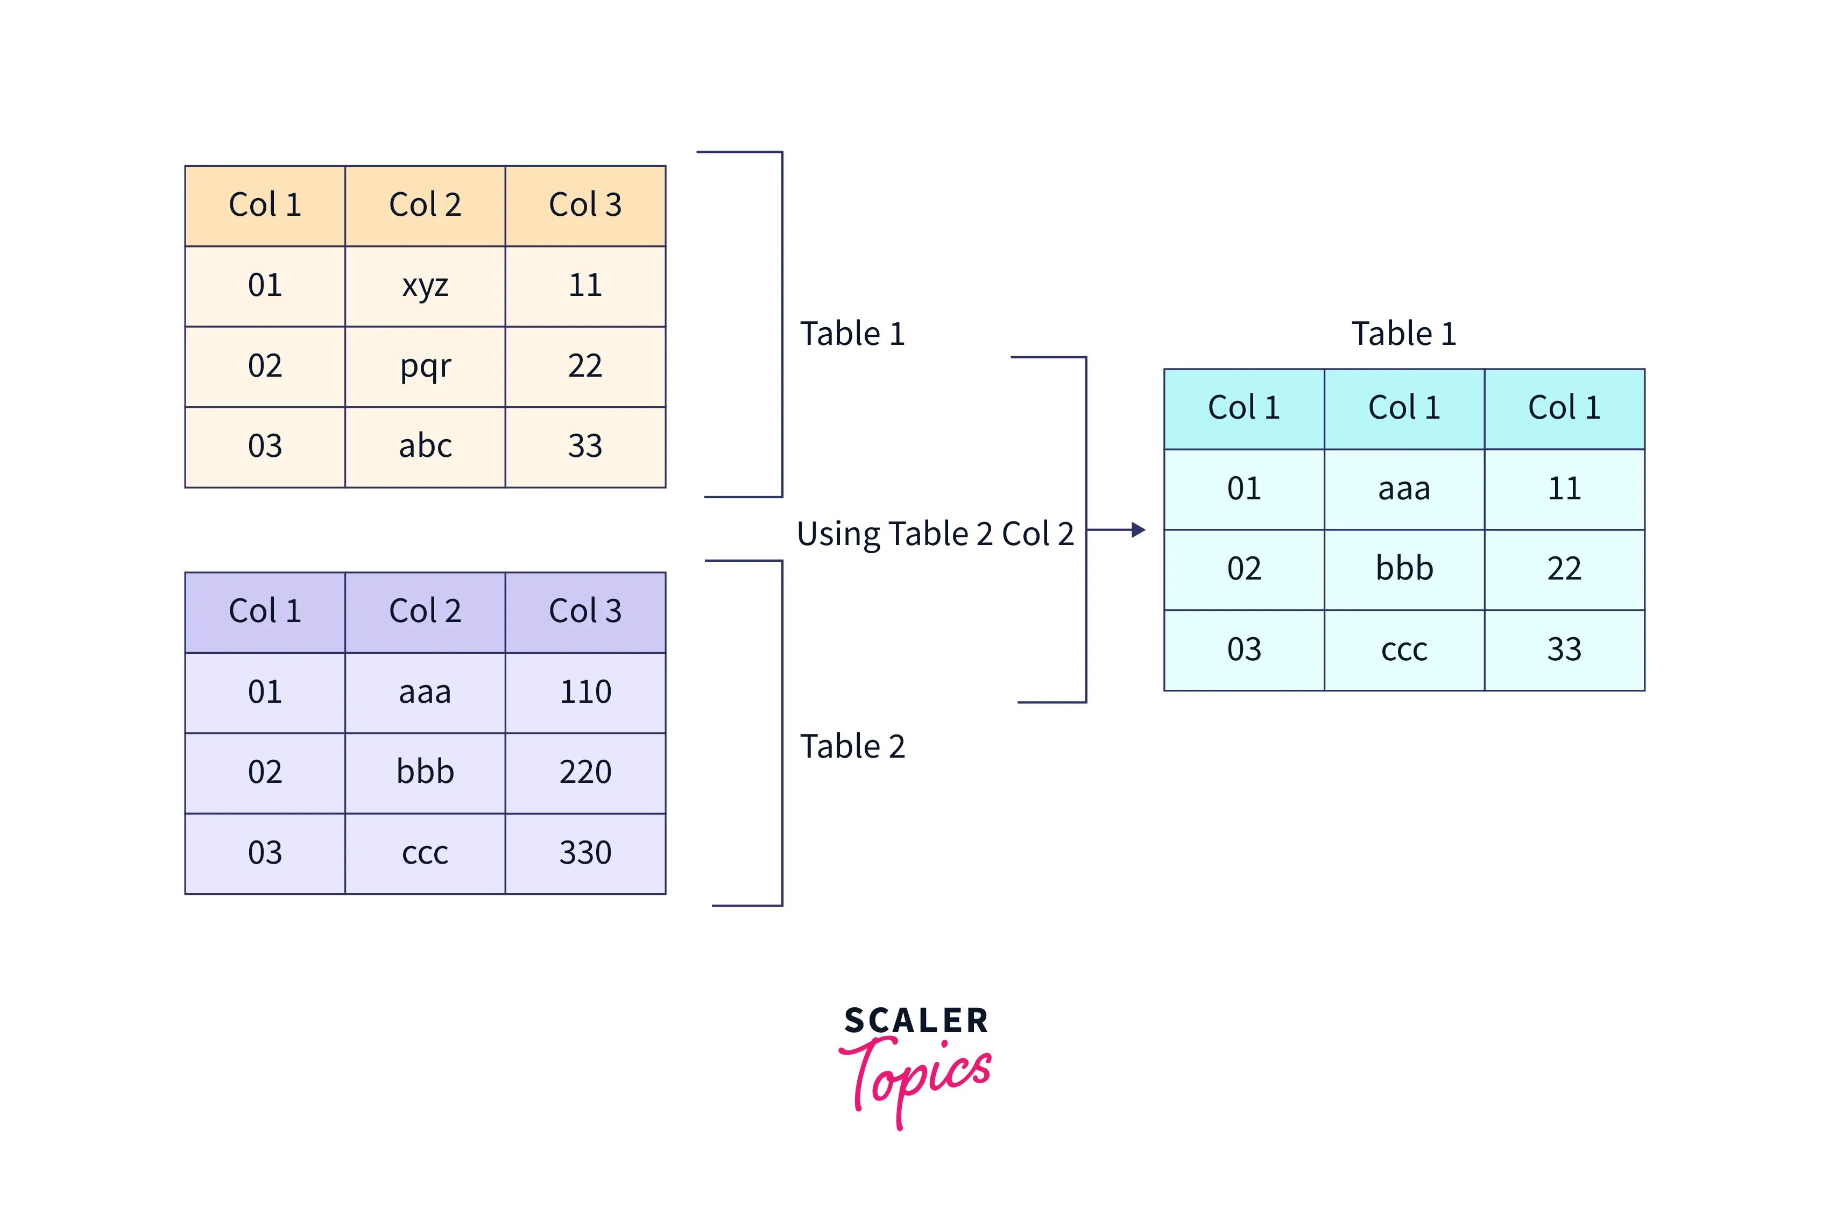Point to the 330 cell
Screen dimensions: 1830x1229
point(585,853)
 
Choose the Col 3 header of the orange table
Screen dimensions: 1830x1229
point(585,206)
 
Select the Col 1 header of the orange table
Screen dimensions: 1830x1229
point(265,206)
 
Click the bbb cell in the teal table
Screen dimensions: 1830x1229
point(1404,570)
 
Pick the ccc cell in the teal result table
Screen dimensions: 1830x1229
point(1404,651)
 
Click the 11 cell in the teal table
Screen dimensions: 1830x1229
point(1564,489)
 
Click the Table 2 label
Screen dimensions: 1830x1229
point(853,746)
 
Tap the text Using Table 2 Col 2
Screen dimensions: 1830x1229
point(935,534)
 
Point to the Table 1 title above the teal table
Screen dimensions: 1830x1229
point(1404,334)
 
